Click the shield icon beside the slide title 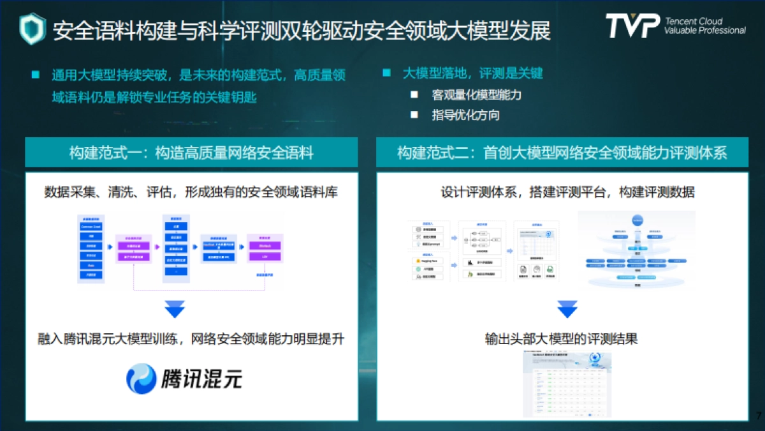point(33,29)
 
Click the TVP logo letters point(631,26)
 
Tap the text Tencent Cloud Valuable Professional point(704,26)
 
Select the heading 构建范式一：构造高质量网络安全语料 point(191,153)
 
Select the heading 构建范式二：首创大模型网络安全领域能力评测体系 point(562,153)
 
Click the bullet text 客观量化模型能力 point(477,95)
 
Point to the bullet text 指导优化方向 point(465,115)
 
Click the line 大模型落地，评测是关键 point(472,73)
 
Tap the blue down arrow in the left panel point(175,309)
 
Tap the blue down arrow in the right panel point(567,309)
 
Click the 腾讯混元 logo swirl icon point(141,379)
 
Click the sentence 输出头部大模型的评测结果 point(561,339)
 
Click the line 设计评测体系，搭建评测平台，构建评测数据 point(567,192)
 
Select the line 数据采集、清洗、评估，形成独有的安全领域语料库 point(191,192)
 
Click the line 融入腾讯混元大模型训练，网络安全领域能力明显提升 point(191,339)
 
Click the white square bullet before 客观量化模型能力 point(414,95)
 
